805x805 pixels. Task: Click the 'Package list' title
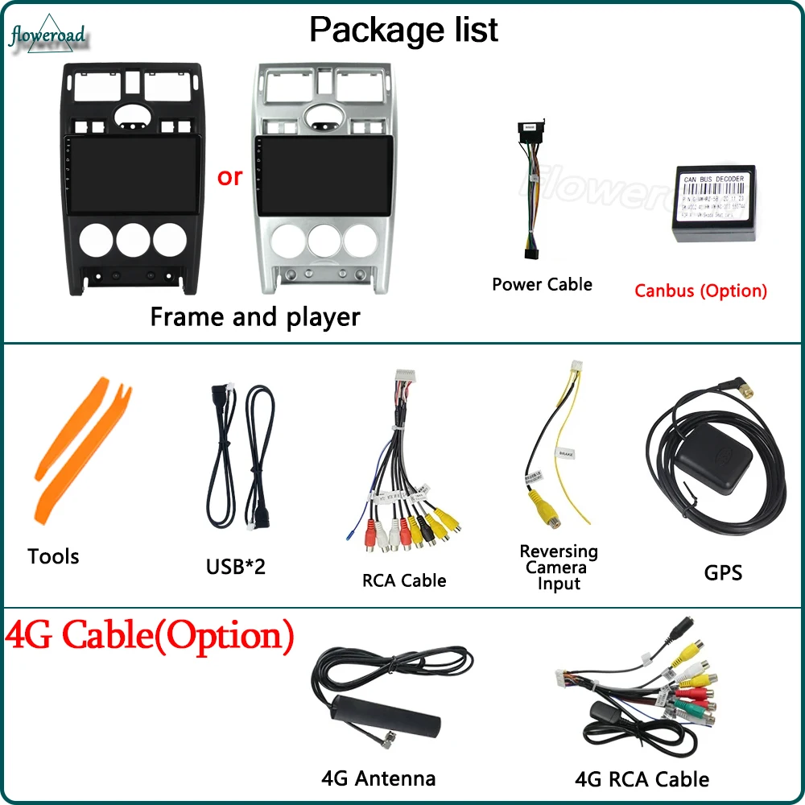[x=403, y=30]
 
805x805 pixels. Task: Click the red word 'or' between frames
[x=229, y=177]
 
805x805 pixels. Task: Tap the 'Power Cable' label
[x=542, y=284]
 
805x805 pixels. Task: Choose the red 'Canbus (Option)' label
[x=700, y=291]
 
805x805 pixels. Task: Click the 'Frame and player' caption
[x=255, y=316]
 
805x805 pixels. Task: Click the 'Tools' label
[x=53, y=556]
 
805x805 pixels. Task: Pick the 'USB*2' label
[x=235, y=567]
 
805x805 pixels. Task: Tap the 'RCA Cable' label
[x=404, y=580]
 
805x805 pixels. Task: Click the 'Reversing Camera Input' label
[x=559, y=568]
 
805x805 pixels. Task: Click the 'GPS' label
[x=723, y=572]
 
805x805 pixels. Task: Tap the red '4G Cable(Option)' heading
[x=149, y=636]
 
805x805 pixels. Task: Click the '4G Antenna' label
[x=378, y=778]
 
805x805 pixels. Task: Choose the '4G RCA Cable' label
[x=642, y=778]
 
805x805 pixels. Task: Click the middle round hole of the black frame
[x=132, y=239]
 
